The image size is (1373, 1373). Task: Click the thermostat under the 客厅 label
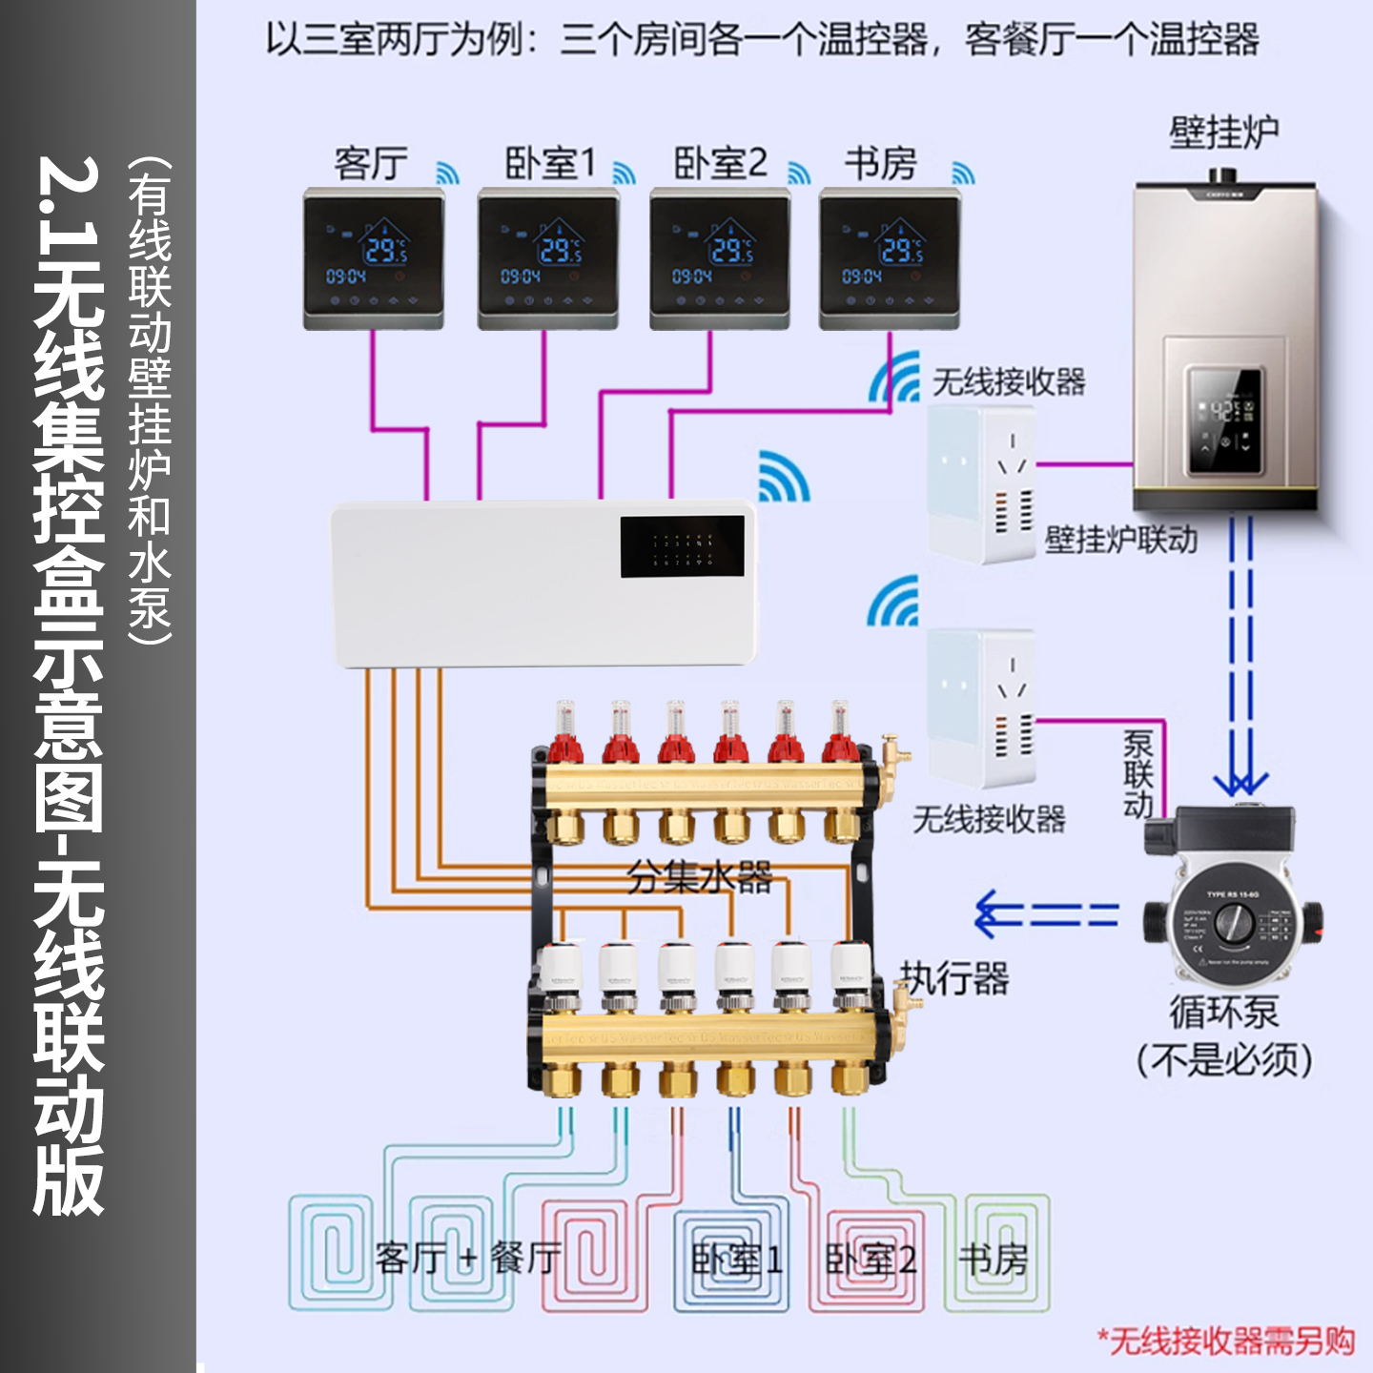[374, 258]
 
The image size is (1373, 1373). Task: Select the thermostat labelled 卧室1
[548, 258]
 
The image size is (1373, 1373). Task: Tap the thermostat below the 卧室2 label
[720, 258]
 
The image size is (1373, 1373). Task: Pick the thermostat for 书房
[890, 258]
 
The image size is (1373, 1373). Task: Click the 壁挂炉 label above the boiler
[1224, 133]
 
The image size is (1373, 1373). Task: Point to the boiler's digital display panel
[1224, 420]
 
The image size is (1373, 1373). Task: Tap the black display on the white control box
[682, 546]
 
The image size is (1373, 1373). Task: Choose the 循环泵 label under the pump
[1224, 1012]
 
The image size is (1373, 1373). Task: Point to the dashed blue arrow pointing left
[1045, 914]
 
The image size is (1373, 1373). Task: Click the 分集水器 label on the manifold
[700, 876]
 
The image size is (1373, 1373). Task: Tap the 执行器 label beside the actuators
[954, 978]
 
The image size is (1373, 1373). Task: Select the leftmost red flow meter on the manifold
[565, 734]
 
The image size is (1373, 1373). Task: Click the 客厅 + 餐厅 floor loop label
[467, 1259]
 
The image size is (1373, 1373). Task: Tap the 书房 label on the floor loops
[993, 1260]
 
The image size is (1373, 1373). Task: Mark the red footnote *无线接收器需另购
[1226, 1341]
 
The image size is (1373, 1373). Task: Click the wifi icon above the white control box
[784, 476]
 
